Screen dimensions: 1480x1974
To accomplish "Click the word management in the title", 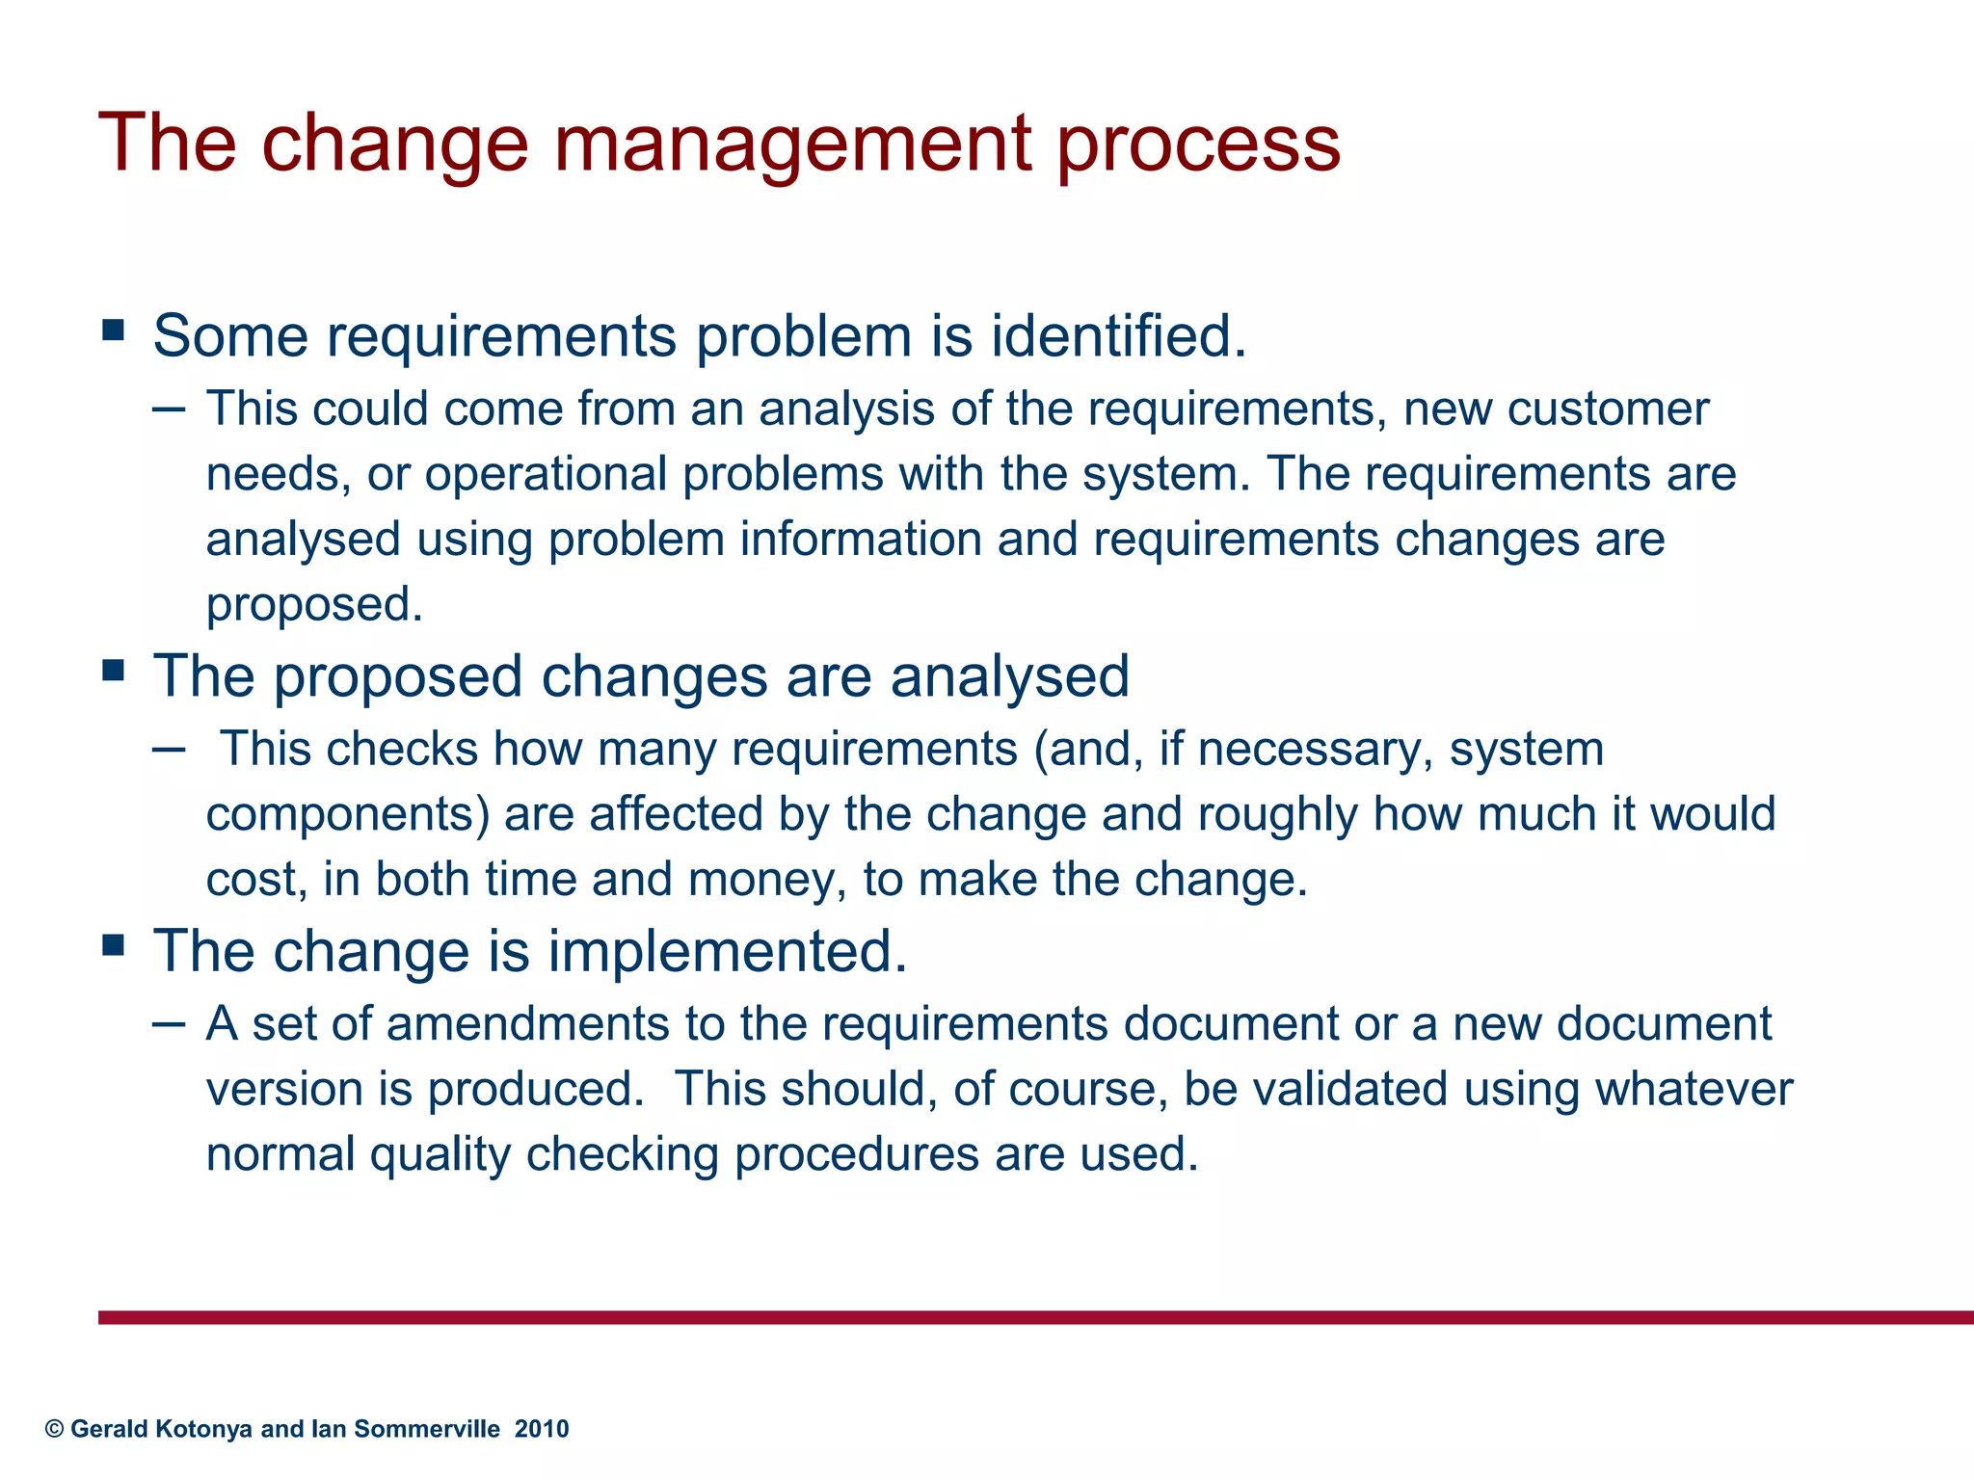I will [x=792, y=145].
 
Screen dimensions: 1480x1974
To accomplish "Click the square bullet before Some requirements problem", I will [x=114, y=331].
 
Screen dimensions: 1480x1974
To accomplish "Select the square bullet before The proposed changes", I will [x=114, y=670].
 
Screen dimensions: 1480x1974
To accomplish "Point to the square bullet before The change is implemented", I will [x=114, y=945].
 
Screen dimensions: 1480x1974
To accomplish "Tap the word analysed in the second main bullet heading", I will [x=1009, y=675].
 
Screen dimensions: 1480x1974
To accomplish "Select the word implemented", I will [x=728, y=951].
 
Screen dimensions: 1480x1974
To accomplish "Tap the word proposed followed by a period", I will [x=314, y=605].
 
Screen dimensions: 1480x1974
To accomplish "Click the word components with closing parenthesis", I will [x=347, y=814].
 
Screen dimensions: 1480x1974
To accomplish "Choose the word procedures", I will [x=856, y=1154].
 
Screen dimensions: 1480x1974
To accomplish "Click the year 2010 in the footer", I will [x=542, y=1429].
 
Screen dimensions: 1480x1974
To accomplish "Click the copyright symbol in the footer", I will [x=55, y=1429].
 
